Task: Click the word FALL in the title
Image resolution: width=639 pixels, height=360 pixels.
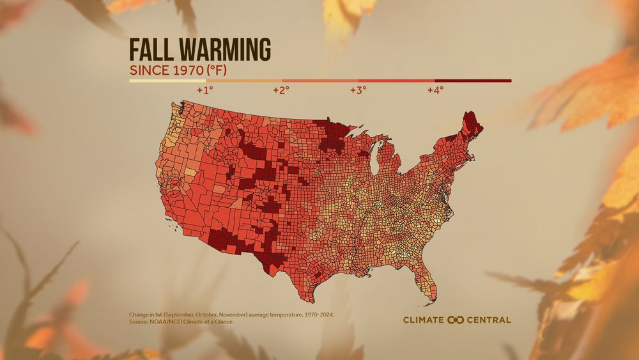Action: (x=153, y=49)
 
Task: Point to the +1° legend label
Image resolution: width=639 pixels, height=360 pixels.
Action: (x=204, y=90)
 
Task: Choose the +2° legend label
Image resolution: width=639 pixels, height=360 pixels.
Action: (x=281, y=90)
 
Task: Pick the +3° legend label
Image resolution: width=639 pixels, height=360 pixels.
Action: (x=358, y=90)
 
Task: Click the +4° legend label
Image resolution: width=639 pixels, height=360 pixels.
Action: (x=435, y=90)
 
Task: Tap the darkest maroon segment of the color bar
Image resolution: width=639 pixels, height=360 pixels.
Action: (x=473, y=81)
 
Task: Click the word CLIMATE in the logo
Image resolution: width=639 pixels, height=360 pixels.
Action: (x=424, y=320)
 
